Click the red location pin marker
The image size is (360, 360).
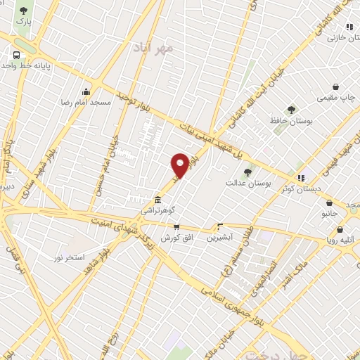click(x=180, y=165)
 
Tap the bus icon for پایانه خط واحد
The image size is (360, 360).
click(x=14, y=55)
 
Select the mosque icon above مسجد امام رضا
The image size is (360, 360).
click(x=86, y=91)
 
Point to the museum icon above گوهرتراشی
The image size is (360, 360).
click(x=156, y=198)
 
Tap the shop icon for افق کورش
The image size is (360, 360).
click(x=176, y=227)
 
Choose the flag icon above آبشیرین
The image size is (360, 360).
click(x=220, y=226)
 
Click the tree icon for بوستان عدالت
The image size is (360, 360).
click(x=247, y=171)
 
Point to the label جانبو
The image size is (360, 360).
click(x=330, y=212)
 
